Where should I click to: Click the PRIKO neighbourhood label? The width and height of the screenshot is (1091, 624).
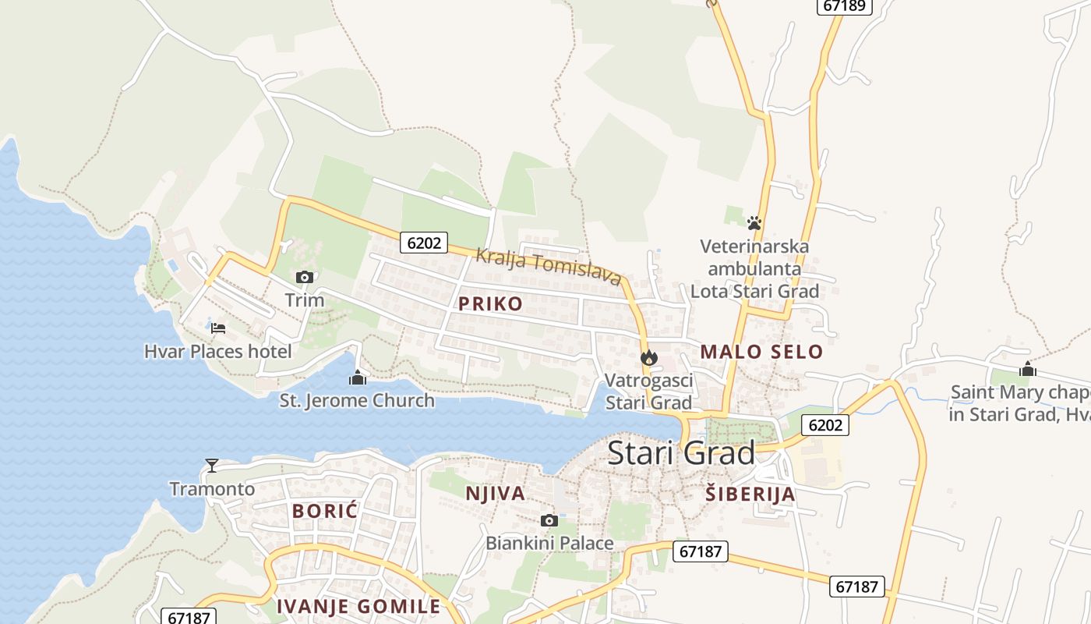click(x=490, y=303)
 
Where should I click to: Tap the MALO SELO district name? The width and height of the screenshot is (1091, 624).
click(x=761, y=351)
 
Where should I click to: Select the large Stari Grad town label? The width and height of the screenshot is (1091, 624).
click(x=681, y=452)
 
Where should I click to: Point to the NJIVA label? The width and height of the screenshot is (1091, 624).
click(x=495, y=493)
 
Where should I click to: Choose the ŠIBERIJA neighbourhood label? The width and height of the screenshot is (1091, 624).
click(x=750, y=493)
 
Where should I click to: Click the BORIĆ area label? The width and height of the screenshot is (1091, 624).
click(x=324, y=511)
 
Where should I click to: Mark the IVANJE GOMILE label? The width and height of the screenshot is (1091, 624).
click(x=358, y=606)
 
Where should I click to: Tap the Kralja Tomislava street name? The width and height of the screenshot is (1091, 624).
click(x=549, y=266)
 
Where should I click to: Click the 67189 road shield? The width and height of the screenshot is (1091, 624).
click(x=844, y=5)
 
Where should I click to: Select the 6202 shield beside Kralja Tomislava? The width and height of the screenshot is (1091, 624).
click(x=424, y=243)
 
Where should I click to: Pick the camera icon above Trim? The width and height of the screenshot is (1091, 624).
click(x=304, y=277)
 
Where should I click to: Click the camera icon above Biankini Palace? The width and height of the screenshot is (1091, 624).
click(x=549, y=520)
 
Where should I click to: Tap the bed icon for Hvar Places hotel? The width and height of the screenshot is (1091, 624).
click(x=218, y=328)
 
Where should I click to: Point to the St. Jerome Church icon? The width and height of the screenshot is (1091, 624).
click(x=358, y=378)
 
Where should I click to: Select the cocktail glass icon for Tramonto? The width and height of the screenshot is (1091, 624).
click(x=211, y=466)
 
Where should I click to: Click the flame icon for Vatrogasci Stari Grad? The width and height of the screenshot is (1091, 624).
click(x=648, y=358)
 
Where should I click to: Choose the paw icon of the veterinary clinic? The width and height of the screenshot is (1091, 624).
click(x=754, y=223)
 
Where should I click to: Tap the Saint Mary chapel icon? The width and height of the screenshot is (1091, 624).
click(x=1028, y=369)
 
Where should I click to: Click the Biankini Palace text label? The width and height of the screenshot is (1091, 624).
click(x=549, y=543)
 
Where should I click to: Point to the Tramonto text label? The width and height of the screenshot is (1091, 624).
click(x=212, y=489)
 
